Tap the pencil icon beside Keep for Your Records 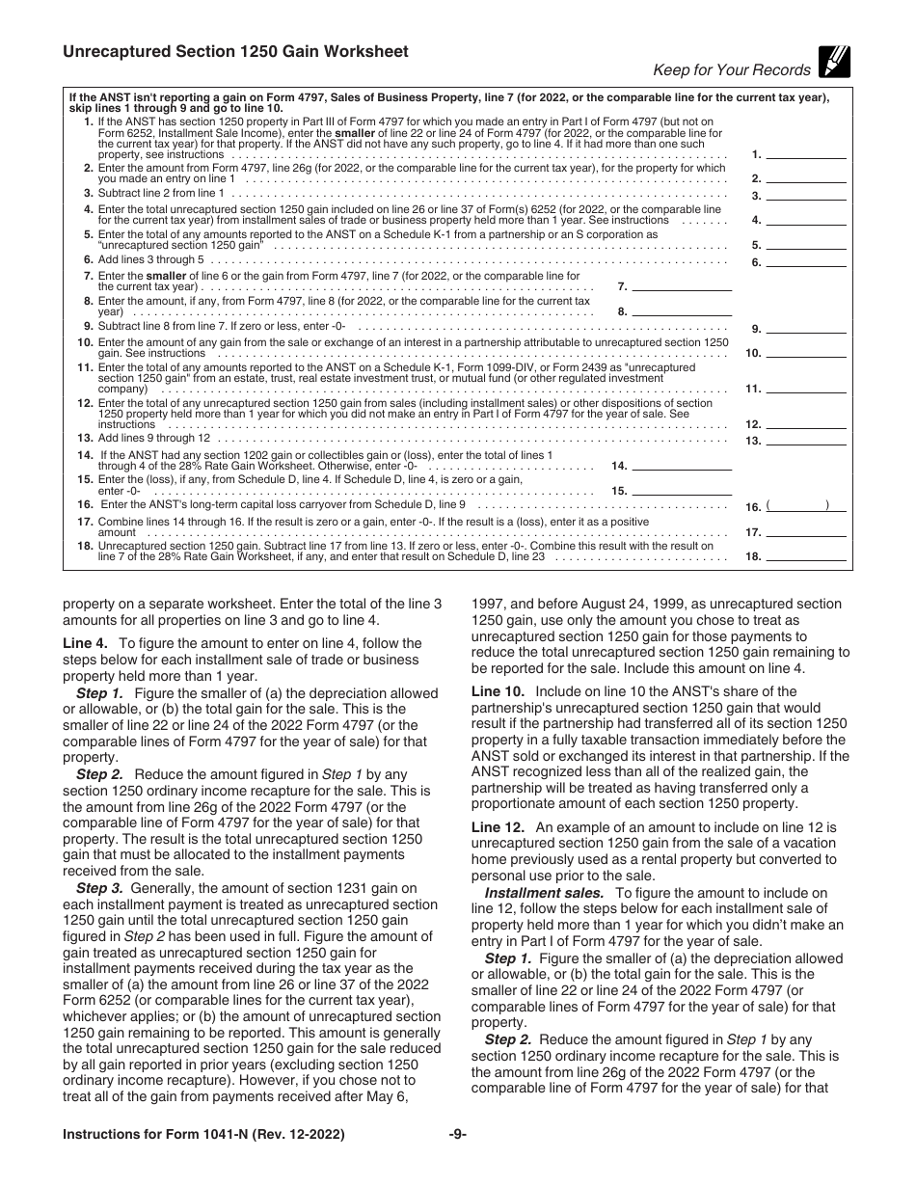(833, 62)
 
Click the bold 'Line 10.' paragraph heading (498, 691)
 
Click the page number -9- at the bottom (457, 1135)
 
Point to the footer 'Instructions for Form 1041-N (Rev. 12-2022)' (184, 1135)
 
